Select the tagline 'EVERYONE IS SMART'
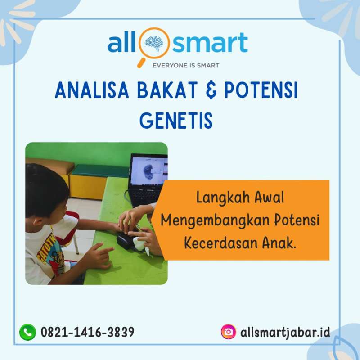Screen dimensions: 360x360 [186, 66]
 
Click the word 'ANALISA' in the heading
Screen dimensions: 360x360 [92, 90]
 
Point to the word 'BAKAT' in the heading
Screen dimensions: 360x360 [167, 90]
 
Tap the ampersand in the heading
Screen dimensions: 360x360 [211, 90]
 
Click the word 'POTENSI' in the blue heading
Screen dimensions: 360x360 [261, 90]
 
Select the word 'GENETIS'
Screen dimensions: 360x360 [176, 121]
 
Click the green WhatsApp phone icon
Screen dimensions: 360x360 [28, 332]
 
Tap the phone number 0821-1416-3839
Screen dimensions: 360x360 [87, 332]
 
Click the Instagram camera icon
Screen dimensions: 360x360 [229, 332]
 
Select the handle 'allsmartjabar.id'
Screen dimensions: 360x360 [285, 332]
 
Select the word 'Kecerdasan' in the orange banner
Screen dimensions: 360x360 [221, 243]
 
